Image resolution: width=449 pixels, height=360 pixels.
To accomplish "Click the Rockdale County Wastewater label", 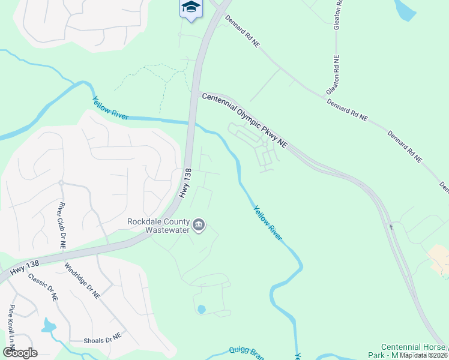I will click(x=158, y=225).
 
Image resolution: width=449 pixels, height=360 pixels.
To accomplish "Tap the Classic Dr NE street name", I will click(x=43, y=286).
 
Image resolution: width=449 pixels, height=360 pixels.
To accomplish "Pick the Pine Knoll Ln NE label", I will click(x=10, y=328).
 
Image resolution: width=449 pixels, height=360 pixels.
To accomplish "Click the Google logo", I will click(x=20, y=353).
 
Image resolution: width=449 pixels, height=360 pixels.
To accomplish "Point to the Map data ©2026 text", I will click(x=423, y=355).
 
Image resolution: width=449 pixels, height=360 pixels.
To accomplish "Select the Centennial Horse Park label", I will click(x=413, y=351).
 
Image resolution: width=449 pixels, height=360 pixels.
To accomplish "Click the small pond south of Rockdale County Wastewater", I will click(x=201, y=310).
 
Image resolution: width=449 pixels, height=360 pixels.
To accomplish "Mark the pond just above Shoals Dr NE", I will click(x=49, y=326).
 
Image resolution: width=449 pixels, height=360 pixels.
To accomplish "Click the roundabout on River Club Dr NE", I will click(x=61, y=183).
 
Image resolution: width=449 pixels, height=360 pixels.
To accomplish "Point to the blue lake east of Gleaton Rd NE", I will click(x=406, y=8).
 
